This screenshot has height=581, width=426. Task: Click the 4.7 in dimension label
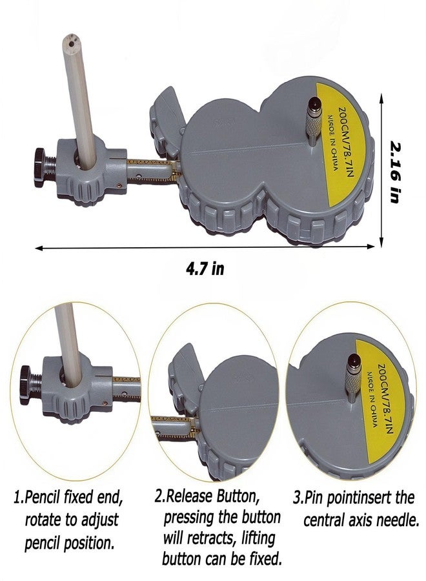click(x=205, y=268)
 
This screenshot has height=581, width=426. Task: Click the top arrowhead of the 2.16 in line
click(x=381, y=97)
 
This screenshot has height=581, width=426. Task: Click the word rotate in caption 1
click(x=43, y=520)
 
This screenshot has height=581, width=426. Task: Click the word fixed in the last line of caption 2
click(x=263, y=558)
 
